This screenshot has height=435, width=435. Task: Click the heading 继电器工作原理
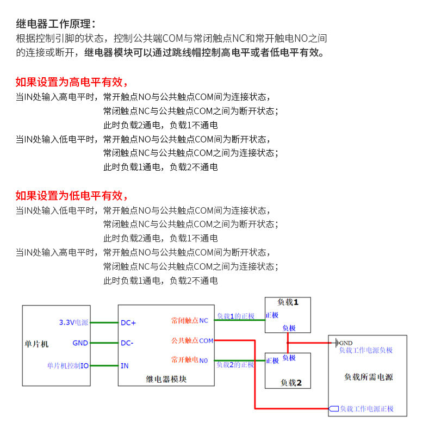point(55,24)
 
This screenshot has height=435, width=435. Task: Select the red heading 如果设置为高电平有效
point(72,83)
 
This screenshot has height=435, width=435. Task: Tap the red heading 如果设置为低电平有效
point(72,196)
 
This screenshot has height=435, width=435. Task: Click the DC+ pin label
point(128,322)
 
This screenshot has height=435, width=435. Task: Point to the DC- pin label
point(127,343)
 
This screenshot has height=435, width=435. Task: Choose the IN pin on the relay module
point(125,365)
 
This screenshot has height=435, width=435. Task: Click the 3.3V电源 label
point(73,322)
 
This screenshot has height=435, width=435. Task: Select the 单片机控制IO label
point(67,366)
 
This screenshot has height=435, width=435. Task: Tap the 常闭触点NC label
point(189,321)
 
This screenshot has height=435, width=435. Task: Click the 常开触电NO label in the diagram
point(189,360)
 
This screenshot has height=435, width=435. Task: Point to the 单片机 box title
point(36,344)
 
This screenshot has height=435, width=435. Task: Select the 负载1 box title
point(287,302)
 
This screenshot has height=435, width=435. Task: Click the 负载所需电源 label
point(368,377)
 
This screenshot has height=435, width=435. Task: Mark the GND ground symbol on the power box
point(337,343)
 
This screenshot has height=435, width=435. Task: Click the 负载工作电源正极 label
point(366,409)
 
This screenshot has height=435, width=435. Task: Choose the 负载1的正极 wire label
point(235,316)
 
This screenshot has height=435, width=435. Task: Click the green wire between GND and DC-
point(104,343)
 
